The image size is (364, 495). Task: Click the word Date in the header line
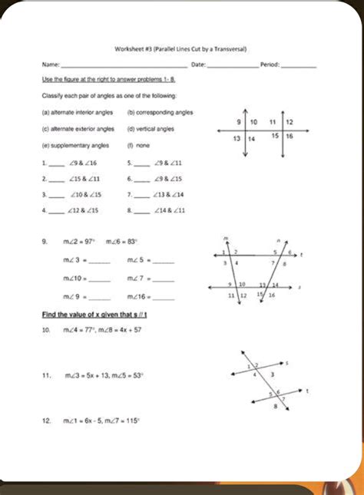point(197,65)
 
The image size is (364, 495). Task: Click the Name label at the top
point(50,65)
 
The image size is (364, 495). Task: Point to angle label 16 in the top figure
point(290,136)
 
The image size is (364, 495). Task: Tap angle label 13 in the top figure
point(239,138)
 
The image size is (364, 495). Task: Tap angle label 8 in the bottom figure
point(276,408)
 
